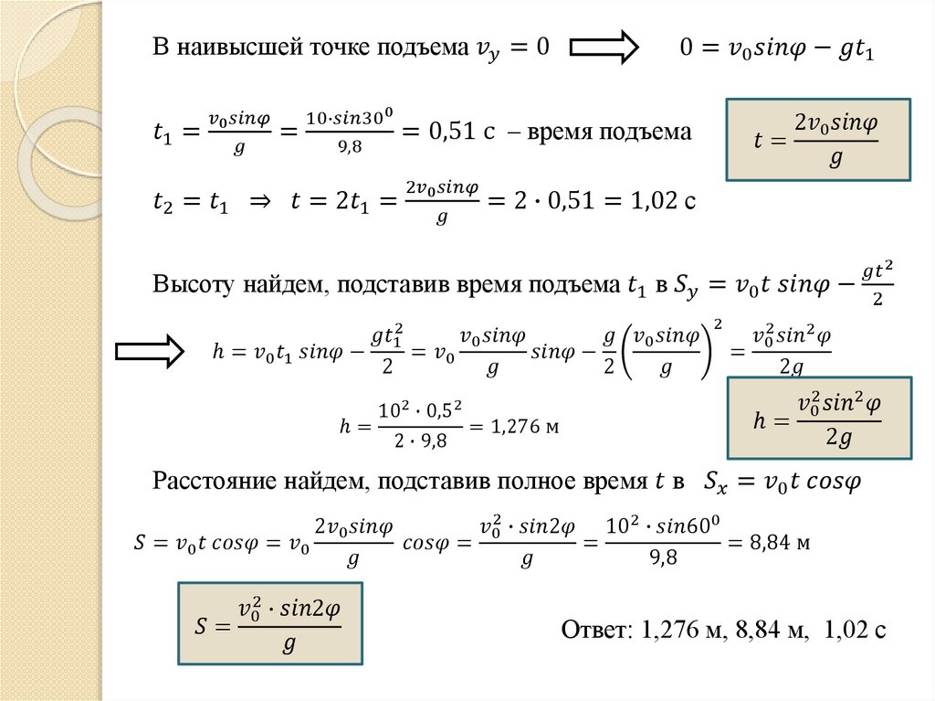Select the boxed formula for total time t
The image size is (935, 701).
(817, 139)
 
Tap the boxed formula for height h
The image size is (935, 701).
(818, 417)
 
